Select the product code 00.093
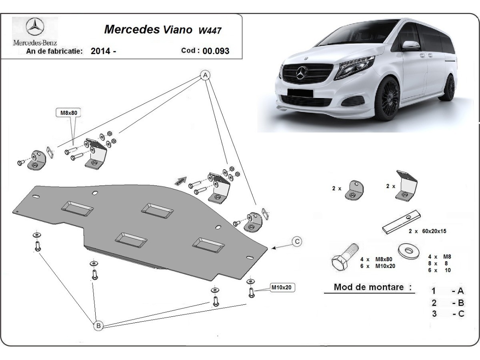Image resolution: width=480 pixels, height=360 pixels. tap(216, 51)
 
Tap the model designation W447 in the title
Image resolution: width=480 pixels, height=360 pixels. tap(210, 30)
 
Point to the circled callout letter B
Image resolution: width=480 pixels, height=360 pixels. tap(98, 326)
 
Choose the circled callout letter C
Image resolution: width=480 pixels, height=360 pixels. tap(297, 241)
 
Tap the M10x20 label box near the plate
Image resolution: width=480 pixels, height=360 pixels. tap(282, 287)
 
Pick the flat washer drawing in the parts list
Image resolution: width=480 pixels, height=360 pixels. tap(409, 251)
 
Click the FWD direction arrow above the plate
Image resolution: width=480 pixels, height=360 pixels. tap(181, 180)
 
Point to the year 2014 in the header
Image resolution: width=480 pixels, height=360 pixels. tap(101, 51)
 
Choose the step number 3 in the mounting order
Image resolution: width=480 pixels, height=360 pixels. tap(434, 314)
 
